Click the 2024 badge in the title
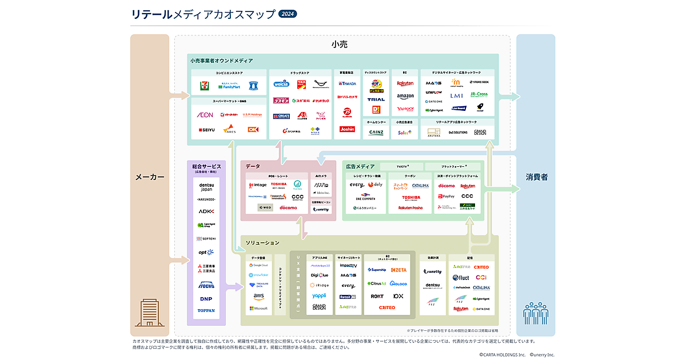(x=288, y=14)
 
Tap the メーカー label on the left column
(x=149, y=177)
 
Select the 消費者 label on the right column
(x=536, y=177)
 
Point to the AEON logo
(x=205, y=115)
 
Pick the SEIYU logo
(x=206, y=130)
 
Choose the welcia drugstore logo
(x=281, y=83)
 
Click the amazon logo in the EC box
(x=405, y=96)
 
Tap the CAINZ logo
(x=376, y=132)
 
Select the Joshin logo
(x=347, y=129)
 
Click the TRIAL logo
(x=376, y=99)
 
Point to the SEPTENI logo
(x=206, y=238)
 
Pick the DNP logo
(x=206, y=298)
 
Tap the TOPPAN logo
(x=206, y=311)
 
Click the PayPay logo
(x=446, y=196)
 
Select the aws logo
(x=258, y=296)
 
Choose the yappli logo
(x=319, y=295)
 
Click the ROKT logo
(x=377, y=296)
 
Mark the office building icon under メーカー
(x=149, y=313)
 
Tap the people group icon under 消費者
(x=536, y=313)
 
